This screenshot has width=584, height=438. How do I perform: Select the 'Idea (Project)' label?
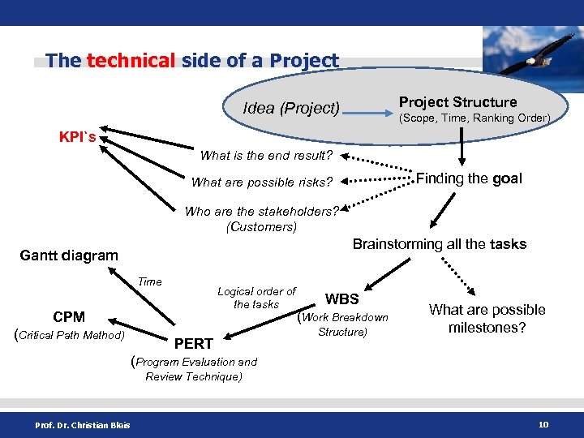point(291,108)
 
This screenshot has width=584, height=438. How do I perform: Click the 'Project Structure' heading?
point(457,102)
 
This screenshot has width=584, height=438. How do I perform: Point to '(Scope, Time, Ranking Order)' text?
point(474,118)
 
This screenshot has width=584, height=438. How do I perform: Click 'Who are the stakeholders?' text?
point(261,212)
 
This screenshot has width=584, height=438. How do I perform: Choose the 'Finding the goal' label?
point(469,178)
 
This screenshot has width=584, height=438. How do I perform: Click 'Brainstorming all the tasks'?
point(439,244)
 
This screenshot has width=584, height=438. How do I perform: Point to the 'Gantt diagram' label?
point(69,255)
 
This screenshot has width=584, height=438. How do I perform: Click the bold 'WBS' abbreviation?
point(341,299)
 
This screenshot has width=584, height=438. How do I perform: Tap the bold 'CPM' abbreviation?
point(69,317)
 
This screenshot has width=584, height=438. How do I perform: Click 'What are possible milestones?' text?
point(487,318)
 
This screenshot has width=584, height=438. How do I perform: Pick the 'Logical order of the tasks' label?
point(256,298)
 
